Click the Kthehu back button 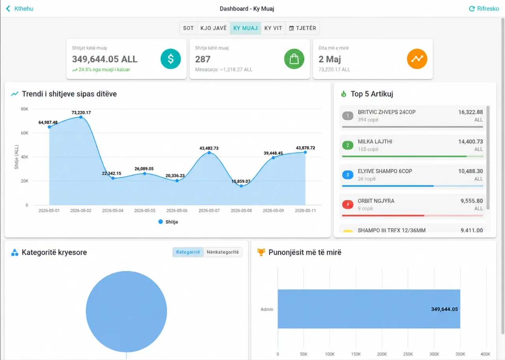click(20, 9)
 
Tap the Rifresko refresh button click(484, 9)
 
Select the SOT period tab click(188, 28)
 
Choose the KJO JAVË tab click(213, 28)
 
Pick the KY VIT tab click(273, 28)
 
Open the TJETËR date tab click(303, 28)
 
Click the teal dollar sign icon click(171, 59)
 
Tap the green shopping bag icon click(294, 59)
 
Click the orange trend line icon click(417, 59)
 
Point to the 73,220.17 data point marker click(81, 117)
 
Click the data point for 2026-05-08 click(241, 186)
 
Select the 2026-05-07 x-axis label click(209, 210)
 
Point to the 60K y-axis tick click(24, 133)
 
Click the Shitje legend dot click(161, 222)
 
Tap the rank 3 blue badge click(348, 175)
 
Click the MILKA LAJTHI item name click(375, 142)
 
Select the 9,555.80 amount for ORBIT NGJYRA click(471, 201)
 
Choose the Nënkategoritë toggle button click(223, 252)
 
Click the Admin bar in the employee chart click(369, 309)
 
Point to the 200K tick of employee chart click(382, 354)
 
